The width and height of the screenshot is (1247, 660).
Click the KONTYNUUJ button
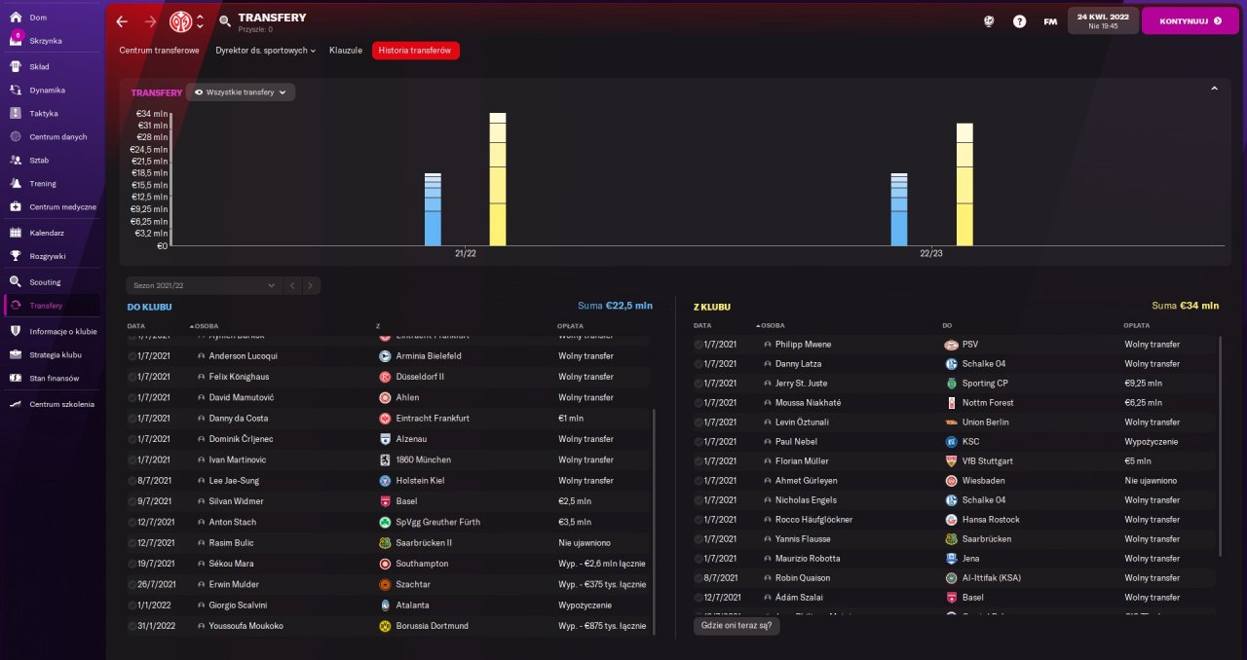pos(1190,20)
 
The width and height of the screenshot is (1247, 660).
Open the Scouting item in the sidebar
pos(45,282)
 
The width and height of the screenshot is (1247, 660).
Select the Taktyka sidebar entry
pos(44,113)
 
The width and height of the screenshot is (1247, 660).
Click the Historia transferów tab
pos(415,51)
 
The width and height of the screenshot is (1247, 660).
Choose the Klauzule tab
pos(346,51)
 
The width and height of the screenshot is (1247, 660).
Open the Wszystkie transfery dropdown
pos(241,92)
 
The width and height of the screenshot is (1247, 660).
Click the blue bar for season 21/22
pos(433,209)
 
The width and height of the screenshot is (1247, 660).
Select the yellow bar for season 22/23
pos(964,185)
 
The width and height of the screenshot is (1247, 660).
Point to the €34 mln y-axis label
pos(149,113)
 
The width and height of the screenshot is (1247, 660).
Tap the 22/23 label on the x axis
pos(931,254)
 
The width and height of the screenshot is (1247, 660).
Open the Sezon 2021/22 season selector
pos(204,286)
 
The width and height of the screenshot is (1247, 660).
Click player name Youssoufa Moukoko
pos(246,626)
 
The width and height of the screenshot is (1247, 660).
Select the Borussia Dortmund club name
pos(432,626)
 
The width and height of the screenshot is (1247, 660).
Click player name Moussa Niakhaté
pos(808,403)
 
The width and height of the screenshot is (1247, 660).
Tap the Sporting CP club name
pos(984,384)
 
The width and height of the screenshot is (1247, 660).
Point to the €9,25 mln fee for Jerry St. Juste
pos(1143,384)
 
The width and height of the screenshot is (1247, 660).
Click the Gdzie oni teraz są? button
pos(737,626)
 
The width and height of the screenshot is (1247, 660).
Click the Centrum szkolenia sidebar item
pos(61,404)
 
